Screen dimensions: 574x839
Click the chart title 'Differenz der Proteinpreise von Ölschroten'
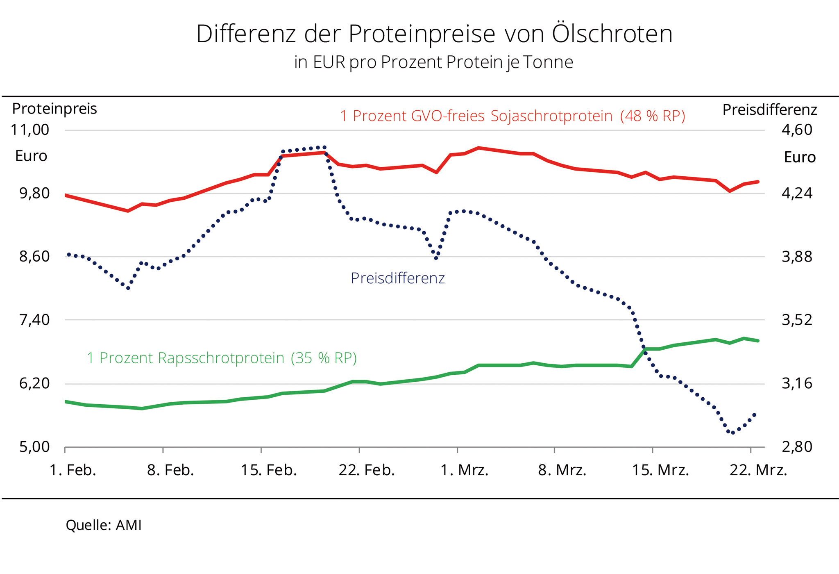click(434, 34)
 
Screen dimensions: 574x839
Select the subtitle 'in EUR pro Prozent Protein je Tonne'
click(433, 62)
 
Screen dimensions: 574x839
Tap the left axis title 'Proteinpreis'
click(54, 109)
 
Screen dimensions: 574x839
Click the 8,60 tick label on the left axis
click(34, 257)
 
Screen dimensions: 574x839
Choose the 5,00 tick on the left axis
click(34, 446)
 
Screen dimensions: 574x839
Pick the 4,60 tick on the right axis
click(797, 130)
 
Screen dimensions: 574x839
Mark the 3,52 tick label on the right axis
click(797, 320)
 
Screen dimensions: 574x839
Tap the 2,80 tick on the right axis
click(797, 446)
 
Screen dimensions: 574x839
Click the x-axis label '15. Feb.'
click(268, 470)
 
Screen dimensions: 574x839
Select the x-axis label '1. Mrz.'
click(464, 470)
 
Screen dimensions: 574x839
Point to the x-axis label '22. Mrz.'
click(758, 470)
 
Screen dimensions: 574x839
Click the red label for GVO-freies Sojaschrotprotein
click(512, 116)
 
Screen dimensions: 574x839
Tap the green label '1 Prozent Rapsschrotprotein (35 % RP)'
click(222, 358)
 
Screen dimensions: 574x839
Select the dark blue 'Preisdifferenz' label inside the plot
click(397, 278)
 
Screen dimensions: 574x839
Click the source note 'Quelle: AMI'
click(104, 525)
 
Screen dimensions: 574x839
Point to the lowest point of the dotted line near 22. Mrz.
click(732, 433)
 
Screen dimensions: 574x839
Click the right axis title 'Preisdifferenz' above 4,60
click(769, 110)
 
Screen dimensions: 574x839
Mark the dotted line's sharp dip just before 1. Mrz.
click(436, 258)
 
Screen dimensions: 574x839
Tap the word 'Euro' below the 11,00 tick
click(31, 156)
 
